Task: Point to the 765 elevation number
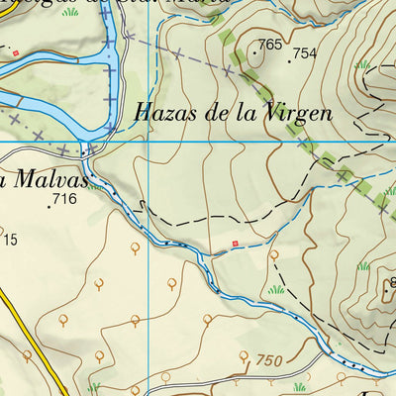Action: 269,46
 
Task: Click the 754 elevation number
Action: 304,53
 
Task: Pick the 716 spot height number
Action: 64,199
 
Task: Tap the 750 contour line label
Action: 269,360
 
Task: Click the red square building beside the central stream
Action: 235,243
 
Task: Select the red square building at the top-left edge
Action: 16,51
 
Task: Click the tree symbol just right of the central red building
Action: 273,254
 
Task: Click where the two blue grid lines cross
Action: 148,141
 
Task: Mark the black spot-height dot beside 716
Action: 49,207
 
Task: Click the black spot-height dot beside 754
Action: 289,61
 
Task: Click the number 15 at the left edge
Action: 10,239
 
